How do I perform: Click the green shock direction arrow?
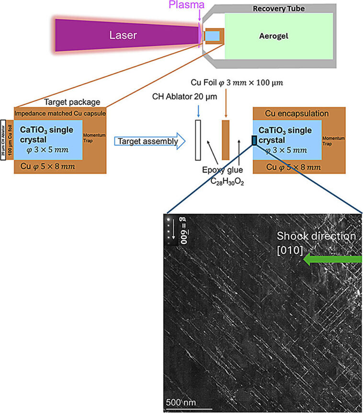click(333, 260)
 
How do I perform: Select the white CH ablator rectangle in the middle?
click(196, 140)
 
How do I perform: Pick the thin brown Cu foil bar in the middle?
click(226, 140)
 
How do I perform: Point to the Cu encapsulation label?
click(294, 114)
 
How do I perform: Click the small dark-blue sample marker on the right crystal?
click(254, 140)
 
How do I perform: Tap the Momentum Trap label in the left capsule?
click(91, 139)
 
